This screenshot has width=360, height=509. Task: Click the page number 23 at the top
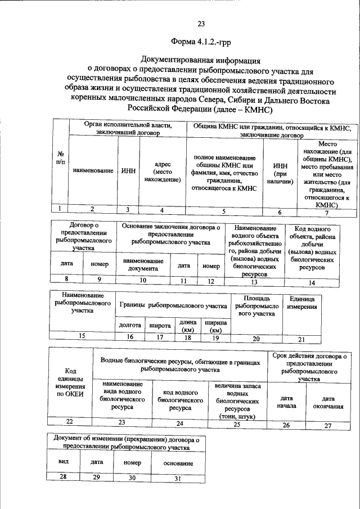(201, 24)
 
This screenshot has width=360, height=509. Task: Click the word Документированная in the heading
(174, 60)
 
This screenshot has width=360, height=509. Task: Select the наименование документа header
(143, 264)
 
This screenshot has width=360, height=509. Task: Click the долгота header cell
(130, 325)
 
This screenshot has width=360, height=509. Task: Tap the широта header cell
(160, 325)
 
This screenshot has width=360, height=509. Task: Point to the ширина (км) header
(215, 326)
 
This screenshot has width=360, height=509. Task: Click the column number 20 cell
(256, 338)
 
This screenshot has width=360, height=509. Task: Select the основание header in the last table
(178, 463)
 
